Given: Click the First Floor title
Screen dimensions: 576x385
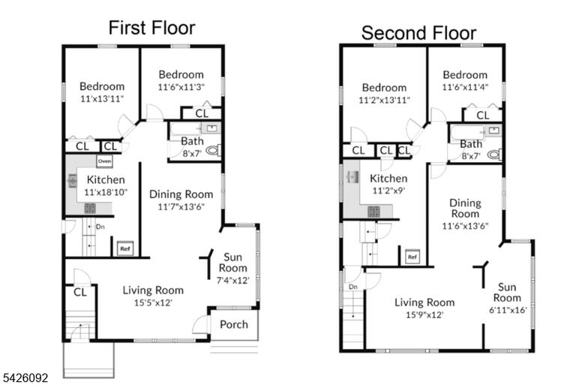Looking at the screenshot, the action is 151,28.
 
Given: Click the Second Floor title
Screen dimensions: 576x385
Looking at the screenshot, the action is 418,33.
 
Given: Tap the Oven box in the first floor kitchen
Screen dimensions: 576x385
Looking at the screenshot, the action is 104,161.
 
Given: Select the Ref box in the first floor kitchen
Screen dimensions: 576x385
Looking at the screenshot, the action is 125,248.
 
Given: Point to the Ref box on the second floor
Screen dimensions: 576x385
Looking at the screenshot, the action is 412,257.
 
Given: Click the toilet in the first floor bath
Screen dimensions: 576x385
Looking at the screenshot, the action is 213,150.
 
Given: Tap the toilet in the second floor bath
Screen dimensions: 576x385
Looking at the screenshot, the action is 494,155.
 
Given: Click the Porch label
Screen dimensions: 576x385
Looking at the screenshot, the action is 234,324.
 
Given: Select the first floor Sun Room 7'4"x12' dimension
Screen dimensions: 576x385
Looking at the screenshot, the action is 233,280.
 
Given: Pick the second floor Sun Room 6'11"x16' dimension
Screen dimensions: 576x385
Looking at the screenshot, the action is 508,310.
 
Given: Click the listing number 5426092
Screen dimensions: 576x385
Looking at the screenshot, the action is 25,378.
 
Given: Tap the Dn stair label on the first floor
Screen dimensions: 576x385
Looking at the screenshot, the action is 100,227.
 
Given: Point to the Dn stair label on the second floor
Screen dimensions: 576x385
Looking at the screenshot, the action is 353,287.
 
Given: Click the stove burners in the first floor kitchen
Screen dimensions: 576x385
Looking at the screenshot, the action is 90,209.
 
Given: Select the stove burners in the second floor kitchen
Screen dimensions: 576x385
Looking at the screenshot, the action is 373,212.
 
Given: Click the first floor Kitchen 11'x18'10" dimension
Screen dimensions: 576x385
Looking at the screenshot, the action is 106,192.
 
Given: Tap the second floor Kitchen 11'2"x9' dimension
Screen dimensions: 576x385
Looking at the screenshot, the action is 388,191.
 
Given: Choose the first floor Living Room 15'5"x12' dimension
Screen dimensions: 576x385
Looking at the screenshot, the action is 153,302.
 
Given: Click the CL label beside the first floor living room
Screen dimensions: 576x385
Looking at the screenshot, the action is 80,293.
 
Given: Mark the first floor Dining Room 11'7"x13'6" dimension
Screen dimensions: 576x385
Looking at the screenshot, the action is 181,206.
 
